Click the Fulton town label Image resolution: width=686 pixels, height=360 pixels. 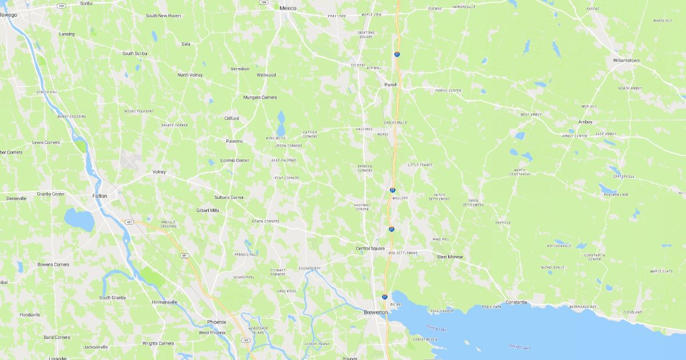(x=99, y=195)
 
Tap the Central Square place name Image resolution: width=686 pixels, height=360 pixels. (x=370, y=248)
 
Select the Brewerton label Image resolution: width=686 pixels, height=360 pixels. (x=376, y=312)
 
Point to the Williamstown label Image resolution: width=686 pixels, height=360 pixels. (x=626, y=60)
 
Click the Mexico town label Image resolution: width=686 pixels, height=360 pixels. (x=288, y=9)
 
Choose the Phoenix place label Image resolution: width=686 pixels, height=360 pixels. (x=217, y=322)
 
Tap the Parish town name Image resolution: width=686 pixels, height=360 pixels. (x=390, y=85)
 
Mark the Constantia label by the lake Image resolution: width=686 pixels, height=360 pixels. (x=516, y=302)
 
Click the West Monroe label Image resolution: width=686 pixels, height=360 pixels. (x=450, y=257)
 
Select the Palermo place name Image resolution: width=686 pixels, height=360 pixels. (x=234, y=141)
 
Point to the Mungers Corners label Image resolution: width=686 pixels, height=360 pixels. (x=260, y=97)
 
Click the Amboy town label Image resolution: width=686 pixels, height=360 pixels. (x=585, y=122)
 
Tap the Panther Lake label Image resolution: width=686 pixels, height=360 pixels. (x=616, y=195)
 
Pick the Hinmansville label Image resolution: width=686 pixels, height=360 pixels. (x=165, y=302)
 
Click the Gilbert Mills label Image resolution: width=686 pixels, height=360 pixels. (x=208, y=210)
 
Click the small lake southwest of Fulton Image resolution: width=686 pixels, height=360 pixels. (x=79, y=219)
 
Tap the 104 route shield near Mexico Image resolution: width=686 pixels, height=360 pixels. (x=264, y=2)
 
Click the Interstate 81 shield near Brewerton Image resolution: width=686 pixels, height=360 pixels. (x=385, y=297)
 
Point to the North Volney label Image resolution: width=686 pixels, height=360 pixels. (x=190, y=75)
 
